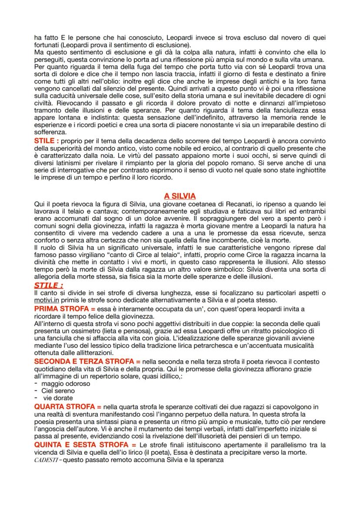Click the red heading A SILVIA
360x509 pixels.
point(180,196)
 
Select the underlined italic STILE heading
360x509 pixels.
point(48,285)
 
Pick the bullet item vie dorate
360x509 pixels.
point(58,398)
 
